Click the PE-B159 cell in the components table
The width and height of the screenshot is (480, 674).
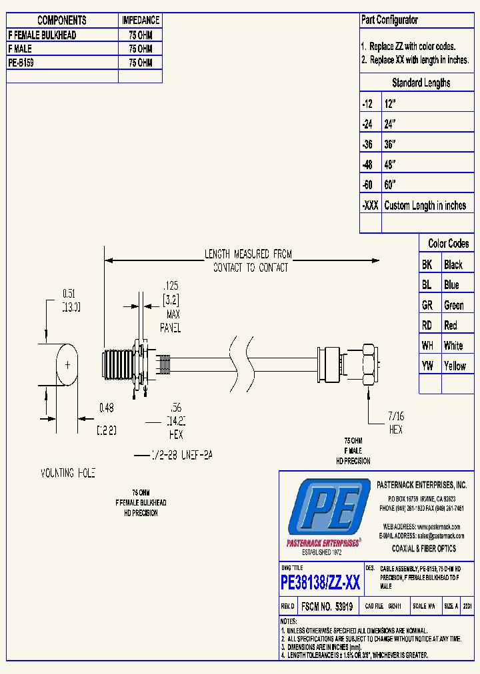(62, 63)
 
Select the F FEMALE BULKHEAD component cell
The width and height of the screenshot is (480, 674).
(62, 35)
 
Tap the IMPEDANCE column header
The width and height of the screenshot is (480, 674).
(140, 21)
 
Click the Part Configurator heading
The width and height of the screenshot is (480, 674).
(390, 20)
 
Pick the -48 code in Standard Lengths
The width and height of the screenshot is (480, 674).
(367, 165)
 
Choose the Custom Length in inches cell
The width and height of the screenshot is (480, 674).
(425, 206)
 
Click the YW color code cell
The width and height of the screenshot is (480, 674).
(427, 366)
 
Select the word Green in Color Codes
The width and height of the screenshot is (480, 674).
(454, 305)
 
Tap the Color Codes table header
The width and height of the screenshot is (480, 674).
(448, 244)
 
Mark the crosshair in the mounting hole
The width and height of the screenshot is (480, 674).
(67, 364)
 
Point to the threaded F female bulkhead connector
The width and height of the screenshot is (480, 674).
(120, 364)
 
